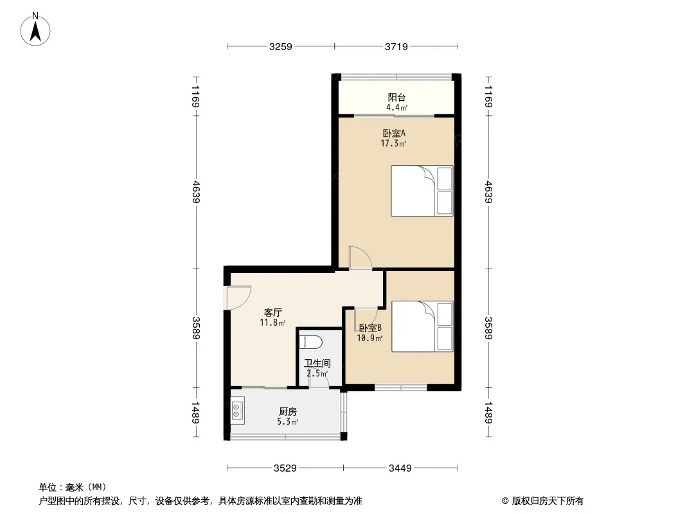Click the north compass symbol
click(37, 29)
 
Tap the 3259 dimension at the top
click(281, 46)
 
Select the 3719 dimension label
click(397, 46)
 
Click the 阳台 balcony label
click(396, 98)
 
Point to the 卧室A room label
click(393, 134)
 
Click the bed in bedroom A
click(422, 191)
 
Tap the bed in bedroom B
click(422, 326)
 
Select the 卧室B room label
click(370, 328)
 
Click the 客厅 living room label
click(272, 312)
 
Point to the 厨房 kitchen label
click(288, 411)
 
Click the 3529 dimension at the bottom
click(284, 468)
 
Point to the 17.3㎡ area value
click(393, 144)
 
